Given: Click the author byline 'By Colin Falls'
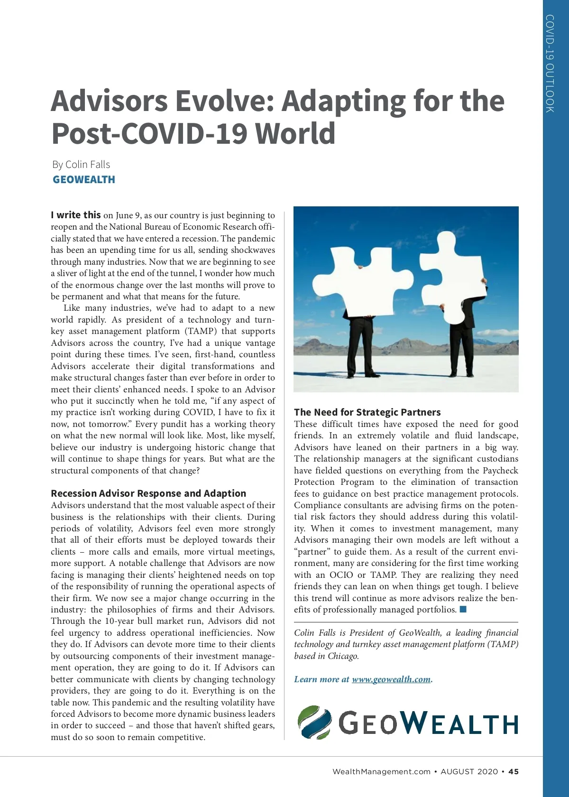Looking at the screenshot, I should pos(81,165).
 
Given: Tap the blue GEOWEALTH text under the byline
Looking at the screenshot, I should pos(84,180).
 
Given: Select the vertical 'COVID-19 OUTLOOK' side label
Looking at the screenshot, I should pos(550,64).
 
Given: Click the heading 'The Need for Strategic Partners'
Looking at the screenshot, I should pos(367,412).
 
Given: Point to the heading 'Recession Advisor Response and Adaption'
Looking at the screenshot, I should pos(148,493).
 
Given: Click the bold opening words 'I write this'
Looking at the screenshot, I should pos(76,215).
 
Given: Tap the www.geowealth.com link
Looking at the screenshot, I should pos(391,679).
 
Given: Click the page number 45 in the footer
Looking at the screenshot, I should pos(514,771).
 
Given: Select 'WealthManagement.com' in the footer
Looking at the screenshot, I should pos(381,771).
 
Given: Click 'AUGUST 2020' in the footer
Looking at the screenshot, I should pos(469,771).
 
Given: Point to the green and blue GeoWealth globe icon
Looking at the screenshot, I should pos(314,723).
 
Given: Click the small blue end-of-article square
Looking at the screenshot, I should pos(463,609).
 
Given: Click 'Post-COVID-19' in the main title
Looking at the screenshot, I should pos(149,133).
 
